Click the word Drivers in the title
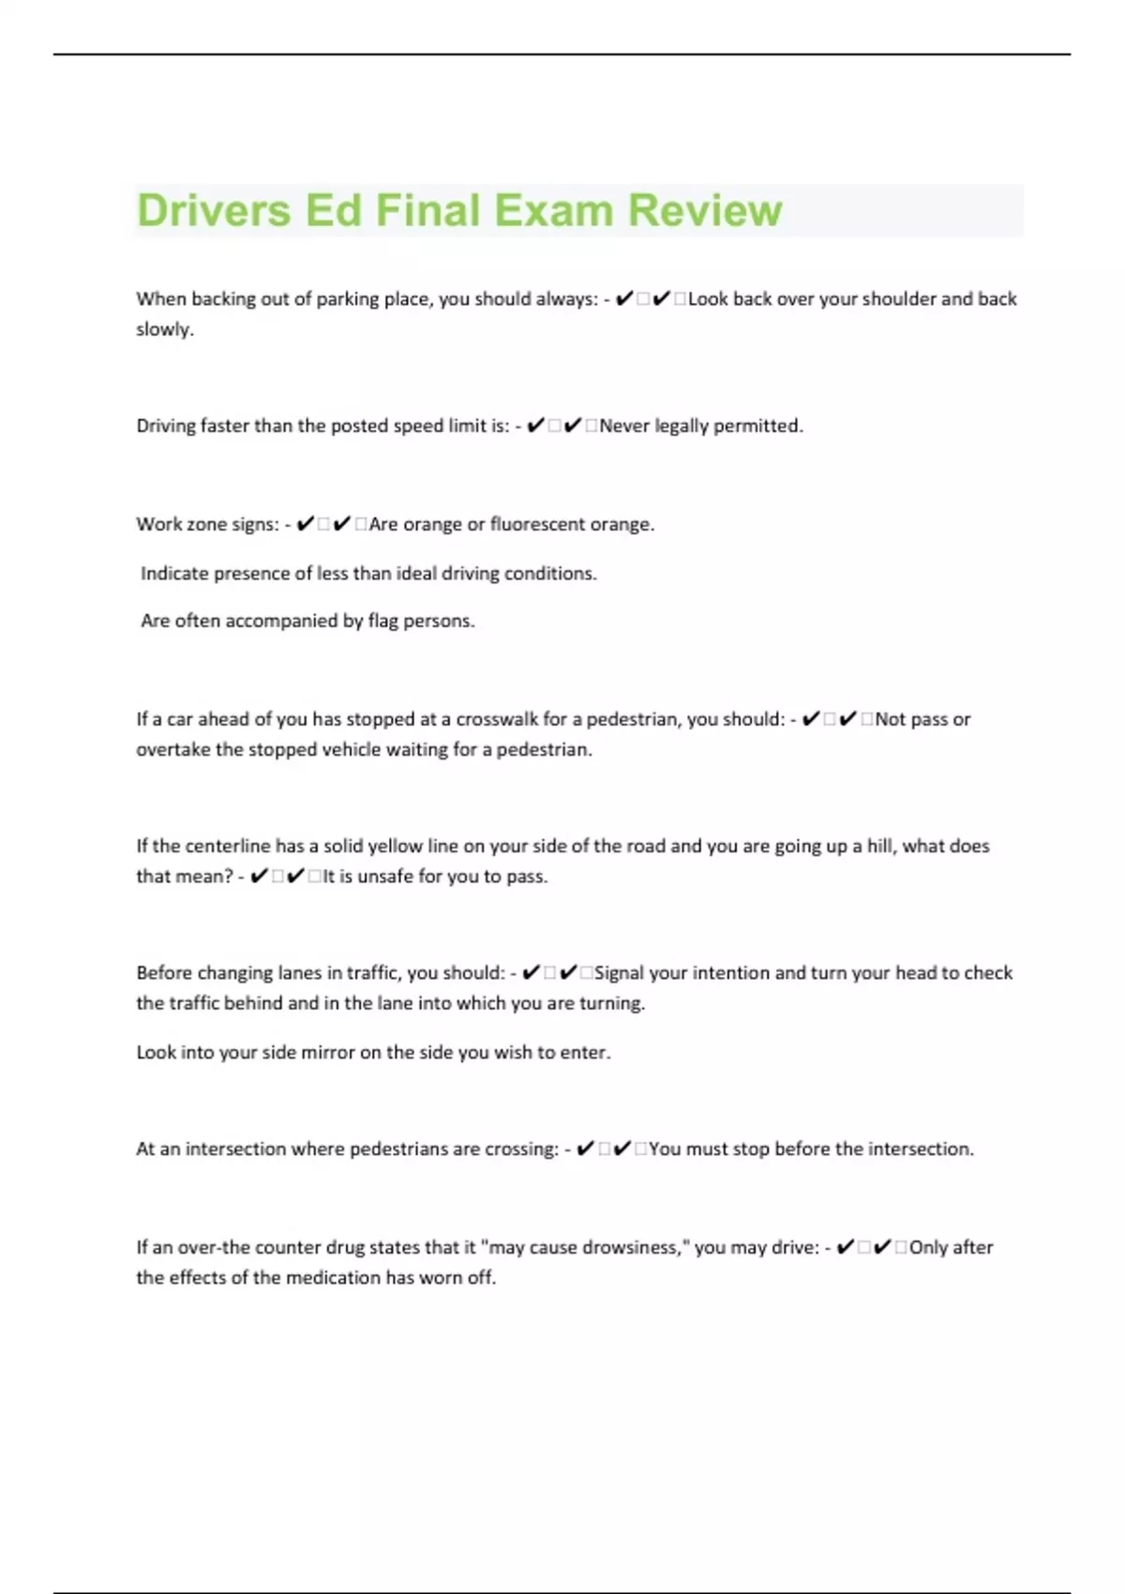[x=214, y=210]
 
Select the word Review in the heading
[x=705, y=210]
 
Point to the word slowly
[x=164, y=329]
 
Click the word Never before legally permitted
[x=624, y=426]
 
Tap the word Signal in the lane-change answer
[x=619, y=973]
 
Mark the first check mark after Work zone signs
[x=305, y=524]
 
